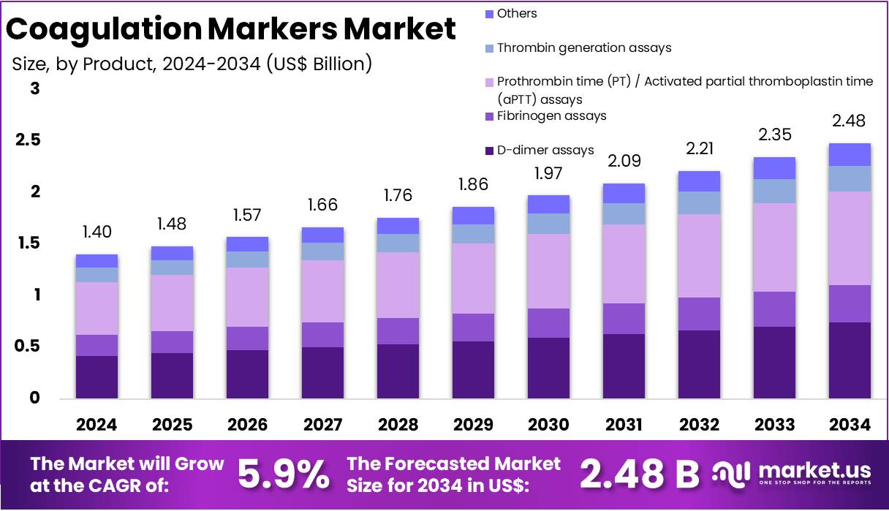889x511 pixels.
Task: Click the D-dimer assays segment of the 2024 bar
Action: [97, 376]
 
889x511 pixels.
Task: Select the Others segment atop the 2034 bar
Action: [850, 154]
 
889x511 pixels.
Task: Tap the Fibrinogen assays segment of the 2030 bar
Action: [548, 322]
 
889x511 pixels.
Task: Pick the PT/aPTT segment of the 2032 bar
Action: [699, 255]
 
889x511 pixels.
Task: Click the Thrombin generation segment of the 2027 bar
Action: [322, 251]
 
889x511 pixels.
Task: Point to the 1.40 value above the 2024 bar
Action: [97, 232]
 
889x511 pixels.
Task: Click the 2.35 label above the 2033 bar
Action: [774, 135]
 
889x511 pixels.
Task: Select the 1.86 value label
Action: [473, 184]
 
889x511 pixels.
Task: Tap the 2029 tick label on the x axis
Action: [473, 425]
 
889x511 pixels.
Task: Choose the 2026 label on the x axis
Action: [247, 425]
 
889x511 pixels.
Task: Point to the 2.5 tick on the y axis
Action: [27, 140]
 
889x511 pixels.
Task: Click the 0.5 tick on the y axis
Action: [27, 347]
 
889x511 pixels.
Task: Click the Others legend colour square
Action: [489, 14]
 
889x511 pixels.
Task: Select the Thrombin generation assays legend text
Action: [583, 48]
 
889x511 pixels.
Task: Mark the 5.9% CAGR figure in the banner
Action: [284, 475]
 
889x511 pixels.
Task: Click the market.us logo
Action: [792, 473]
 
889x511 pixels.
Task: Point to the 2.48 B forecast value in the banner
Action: [639, 475]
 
